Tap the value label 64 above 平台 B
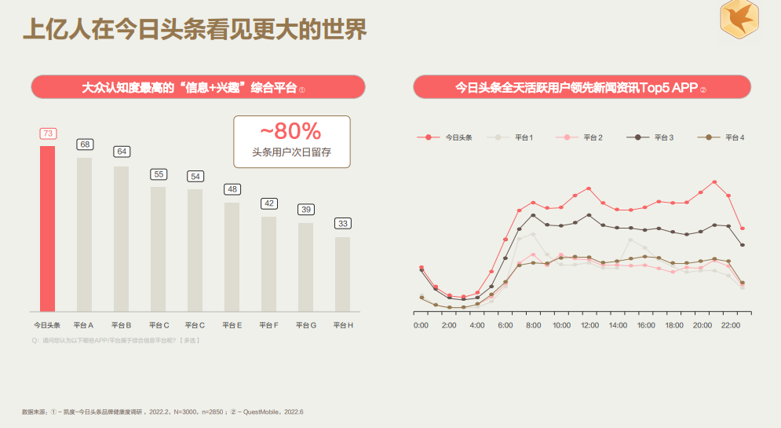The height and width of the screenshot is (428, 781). coord(122,152)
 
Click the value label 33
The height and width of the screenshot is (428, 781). coord(343,224)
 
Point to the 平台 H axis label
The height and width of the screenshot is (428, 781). coord(343,324)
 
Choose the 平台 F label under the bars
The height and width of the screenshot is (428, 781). coord(268,324)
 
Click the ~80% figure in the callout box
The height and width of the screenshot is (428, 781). coord(291,130)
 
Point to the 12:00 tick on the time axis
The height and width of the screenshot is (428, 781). coord(589,324)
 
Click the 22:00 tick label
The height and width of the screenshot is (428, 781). coord(730,324)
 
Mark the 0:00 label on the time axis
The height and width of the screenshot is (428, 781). coord(421,324)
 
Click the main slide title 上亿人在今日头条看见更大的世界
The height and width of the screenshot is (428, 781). coord(194,30)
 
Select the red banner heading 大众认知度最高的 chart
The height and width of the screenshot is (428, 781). coord(198,87)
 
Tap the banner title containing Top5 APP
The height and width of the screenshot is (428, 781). coord(582,87)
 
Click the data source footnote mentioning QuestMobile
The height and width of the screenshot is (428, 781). coord(162,412)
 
